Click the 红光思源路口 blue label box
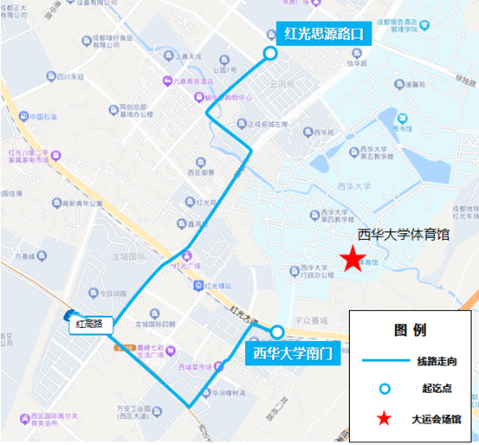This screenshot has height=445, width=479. (x=322, y=35)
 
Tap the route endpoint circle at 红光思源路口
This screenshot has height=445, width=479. (x=270, y=54)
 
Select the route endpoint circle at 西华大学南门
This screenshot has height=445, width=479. (x=277, y=332)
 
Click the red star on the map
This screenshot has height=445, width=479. (x=351, y=259)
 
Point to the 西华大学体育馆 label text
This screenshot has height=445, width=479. (x=403, y=234)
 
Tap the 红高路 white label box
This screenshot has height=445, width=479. (x=88, y=324)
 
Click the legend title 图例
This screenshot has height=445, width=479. (x=409, y=330)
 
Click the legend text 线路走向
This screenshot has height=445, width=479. (x=442, y=360)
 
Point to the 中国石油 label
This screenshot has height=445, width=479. (x=42, y=117)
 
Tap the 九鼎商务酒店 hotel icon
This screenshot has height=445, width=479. (x=166, y=82)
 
